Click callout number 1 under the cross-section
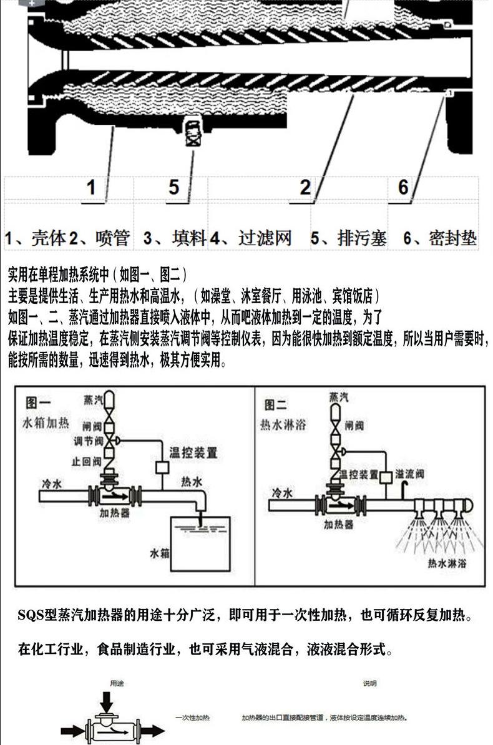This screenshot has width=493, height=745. pos(91,187)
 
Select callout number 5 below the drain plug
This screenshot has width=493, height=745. pos(174,187)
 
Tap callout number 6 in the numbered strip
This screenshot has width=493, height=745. pos(403,187)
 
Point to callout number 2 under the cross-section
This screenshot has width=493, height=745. pos(305,187)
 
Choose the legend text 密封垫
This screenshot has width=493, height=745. pos(453,238)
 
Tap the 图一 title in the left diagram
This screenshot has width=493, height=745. pos(37,402)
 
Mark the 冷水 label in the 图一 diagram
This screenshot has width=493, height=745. pos(54,483)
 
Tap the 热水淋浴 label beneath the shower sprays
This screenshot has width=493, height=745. pos(447,563)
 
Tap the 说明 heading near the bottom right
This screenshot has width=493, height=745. pos(370,683)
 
